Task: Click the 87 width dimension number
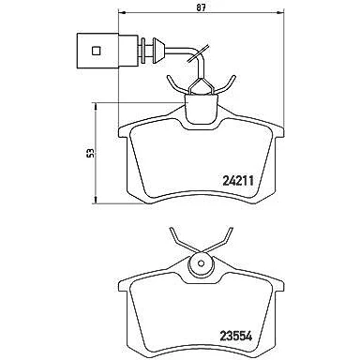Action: (x=202, y=7)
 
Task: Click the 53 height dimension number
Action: (x=91, y=154)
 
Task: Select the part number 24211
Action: (x=238, y=181)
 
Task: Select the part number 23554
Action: (x=236, y=336)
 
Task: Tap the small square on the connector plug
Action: (x=96, y=51)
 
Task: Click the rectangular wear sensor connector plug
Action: (x=108, y=51)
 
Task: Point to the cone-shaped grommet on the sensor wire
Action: (x=158, y=50)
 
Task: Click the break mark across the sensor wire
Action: (x=198, y=53)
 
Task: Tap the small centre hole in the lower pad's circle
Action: (x=202, y=262)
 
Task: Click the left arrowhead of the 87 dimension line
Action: (x=122, y=13)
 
